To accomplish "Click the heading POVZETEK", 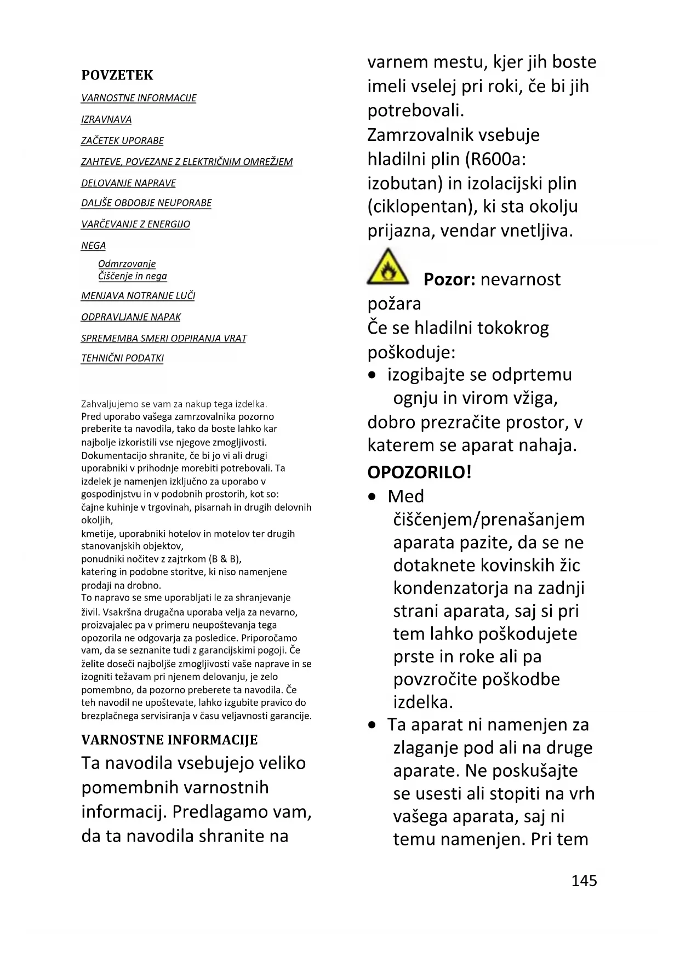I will [x=117, y=75].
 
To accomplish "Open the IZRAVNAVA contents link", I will [x=106, y=119].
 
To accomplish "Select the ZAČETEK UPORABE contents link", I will [x=122, y=141].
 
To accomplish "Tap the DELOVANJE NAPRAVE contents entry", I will [x=129, y=183].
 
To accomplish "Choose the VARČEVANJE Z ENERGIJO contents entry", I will [x=135, y=224].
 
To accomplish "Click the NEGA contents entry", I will [x=93, y=245].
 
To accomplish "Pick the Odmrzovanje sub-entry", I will [x=127, y=264].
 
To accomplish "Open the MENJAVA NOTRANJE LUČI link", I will [x=138, y=296].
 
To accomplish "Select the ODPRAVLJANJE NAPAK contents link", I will [x=131, y=317].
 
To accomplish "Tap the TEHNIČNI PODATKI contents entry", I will [x=122, y=358].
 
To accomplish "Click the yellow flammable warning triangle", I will [x=387, y=268].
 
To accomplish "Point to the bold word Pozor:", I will [x=449, y=279].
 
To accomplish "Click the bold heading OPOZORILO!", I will [x=419, y=472].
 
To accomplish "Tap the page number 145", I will [x=584, y=880].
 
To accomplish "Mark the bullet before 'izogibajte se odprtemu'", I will [x=373, y=375].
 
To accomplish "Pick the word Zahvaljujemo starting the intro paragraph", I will [x=110, y=404].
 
